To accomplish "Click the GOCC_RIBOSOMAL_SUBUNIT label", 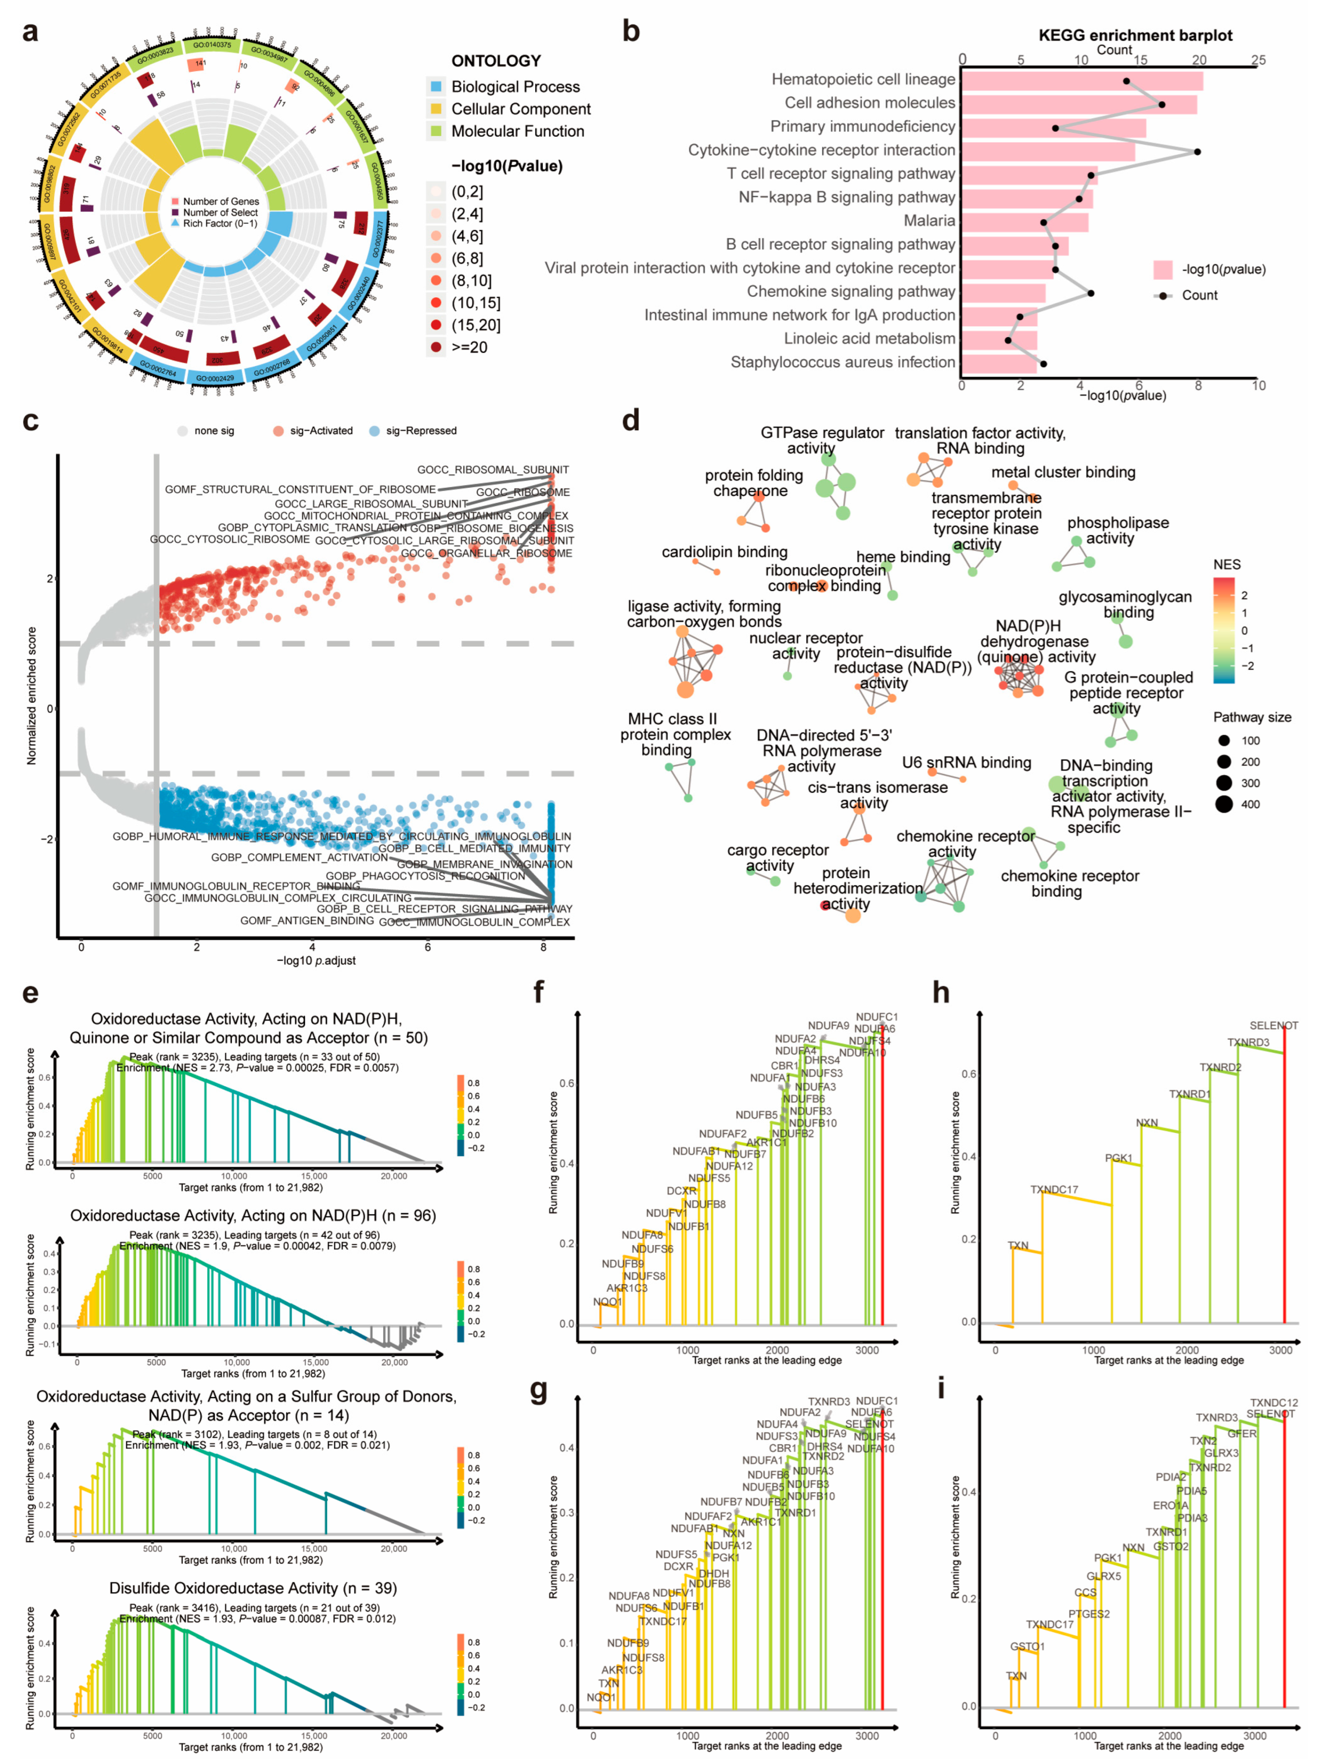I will (x=493, y=470).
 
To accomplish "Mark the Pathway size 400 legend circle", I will (x=1224, y=804).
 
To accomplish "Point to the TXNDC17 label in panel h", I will (x=1054, y=1189).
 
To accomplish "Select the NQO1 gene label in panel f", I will (x=607, y=1301).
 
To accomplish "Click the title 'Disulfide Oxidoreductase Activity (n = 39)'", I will (x=253, y=1588).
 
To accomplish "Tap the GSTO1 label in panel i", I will (x=1027, y=1646).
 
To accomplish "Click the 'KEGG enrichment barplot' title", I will (x=1135, y=35).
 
